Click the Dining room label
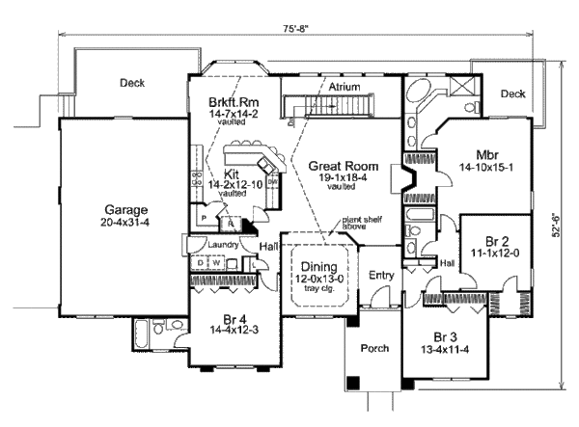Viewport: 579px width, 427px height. coord(317,267)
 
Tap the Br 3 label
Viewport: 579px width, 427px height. coord(443,337)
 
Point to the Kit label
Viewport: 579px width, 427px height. coord(232,173)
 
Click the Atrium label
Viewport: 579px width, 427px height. coord(344,87)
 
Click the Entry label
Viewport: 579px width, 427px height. coord(382,275)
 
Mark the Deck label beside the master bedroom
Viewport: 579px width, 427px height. coord(512,93)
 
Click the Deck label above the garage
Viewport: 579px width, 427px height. coord(132,83)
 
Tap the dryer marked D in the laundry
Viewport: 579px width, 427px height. coord(200,261)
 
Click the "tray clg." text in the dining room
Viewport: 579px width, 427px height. coord(317,289)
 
